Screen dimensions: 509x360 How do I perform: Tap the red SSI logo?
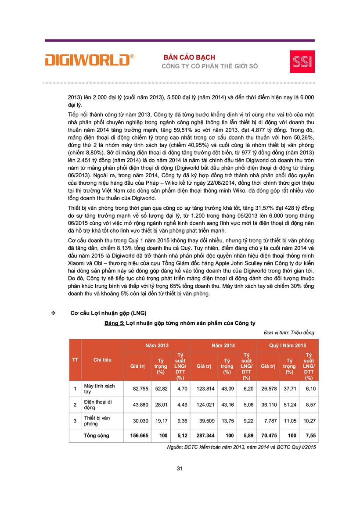(302, 61)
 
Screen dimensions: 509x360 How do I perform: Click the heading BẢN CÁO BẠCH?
(190, 57)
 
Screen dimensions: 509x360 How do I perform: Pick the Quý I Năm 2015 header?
(288, 346)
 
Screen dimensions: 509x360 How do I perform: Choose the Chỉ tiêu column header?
(102, 360)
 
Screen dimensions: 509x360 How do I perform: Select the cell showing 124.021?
(202, 404)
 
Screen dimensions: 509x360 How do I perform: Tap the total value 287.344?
(202, 436)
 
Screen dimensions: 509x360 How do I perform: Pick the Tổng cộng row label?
(97, 436)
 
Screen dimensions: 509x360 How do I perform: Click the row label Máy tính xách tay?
(99, 388)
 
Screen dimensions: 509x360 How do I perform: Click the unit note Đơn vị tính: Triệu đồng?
(286, 333)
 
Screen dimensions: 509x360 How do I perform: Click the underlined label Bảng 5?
(114, 324)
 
